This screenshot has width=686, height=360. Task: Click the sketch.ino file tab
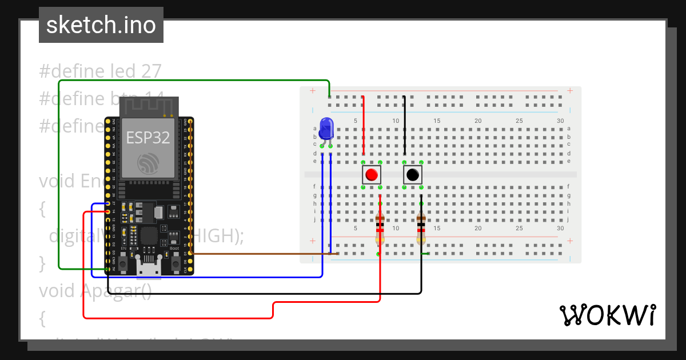pos(101,25)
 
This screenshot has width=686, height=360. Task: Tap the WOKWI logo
pos(607,315)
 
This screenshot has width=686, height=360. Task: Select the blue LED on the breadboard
pos(326,128)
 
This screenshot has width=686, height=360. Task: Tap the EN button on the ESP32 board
pos(123,262)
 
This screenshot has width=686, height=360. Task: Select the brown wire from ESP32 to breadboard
pos(257,253)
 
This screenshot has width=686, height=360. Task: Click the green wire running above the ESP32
pos(194,81)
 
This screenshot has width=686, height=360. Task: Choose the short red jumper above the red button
pos(363,126)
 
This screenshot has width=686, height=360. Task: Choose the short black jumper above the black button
pos(404,126)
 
